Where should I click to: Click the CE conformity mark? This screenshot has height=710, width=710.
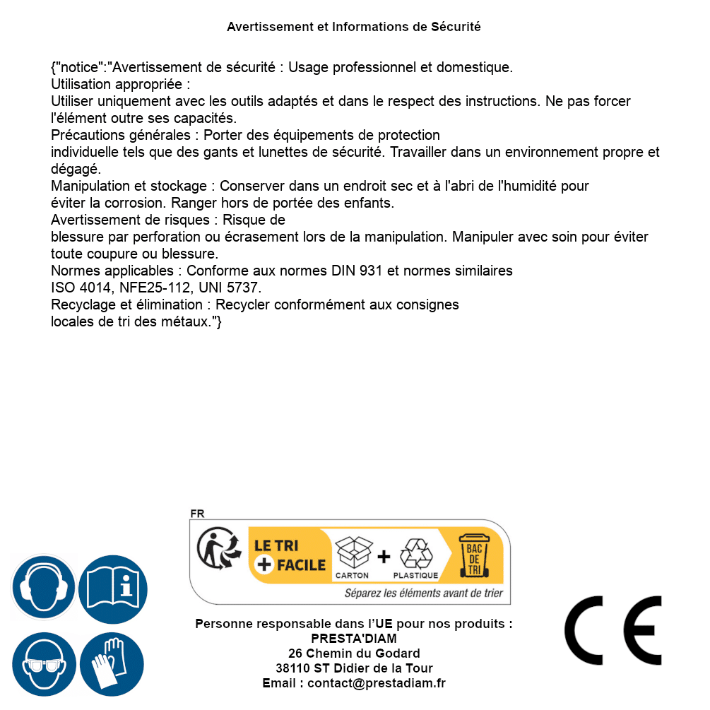tap(613, 626)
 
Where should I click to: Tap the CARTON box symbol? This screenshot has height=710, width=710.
tap(353, 557)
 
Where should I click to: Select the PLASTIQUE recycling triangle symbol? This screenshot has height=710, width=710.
tap(415, 557)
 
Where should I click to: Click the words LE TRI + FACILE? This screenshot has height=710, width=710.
tap(290, 555)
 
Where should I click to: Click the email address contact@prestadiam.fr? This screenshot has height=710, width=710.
tap(377, 683)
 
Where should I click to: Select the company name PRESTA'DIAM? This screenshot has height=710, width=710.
tap(354, 639)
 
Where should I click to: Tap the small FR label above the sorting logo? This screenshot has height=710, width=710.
tap(197, 514)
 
